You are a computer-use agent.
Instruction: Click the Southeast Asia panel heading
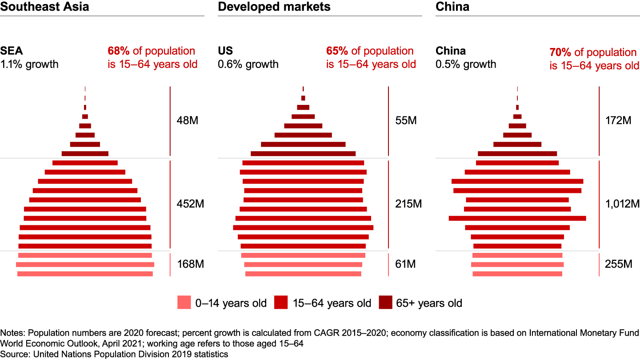click(44, 7)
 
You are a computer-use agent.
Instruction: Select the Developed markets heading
click(274, 7)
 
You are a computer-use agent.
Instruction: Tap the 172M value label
click(618, 120)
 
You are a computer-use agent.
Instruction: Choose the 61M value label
click(405, 264)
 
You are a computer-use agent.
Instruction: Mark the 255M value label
click(618, 264)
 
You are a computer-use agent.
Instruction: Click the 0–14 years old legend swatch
click(184, 302)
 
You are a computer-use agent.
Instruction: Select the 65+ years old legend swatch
click(385, 302)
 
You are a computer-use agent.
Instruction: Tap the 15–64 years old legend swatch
click(281, 302)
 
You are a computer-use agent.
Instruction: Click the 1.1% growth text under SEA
click(29, 64)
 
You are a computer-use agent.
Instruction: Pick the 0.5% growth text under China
click(466, 64)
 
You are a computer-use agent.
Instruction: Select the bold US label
click(225, 51)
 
